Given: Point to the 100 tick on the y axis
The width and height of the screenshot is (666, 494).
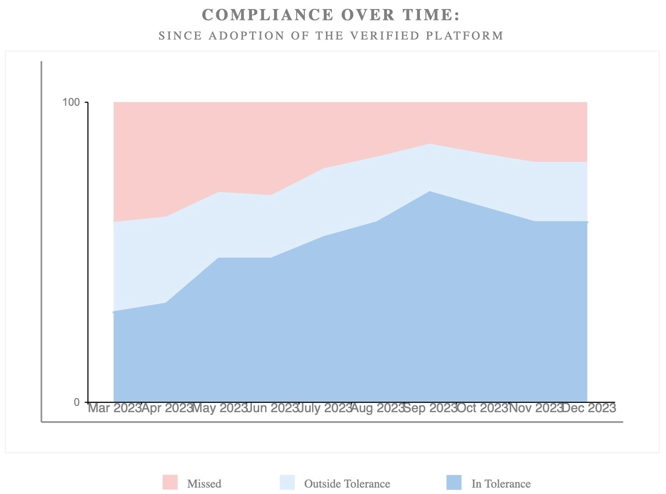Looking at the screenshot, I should tap(71, 103).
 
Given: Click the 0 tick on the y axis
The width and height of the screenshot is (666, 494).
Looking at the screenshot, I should tap(76, 402).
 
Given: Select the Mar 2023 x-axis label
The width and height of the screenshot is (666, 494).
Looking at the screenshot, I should tap(115, 408).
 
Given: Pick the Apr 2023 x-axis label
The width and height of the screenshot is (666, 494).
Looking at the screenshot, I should tap(167, 408).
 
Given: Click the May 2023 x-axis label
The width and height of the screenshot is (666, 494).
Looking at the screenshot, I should tap(219, 408).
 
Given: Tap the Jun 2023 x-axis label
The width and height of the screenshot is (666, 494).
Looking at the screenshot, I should tap(272, 408).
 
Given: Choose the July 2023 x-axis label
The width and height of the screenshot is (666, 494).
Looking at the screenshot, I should tap(325, 408).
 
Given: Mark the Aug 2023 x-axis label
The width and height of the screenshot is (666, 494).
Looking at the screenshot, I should tap(377, 408).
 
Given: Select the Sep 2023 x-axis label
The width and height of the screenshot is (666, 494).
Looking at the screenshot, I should tap(430, 408).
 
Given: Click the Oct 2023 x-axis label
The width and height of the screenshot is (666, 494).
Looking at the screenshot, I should tap(483, 408).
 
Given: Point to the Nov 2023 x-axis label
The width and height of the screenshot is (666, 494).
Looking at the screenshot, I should tap(536, 408).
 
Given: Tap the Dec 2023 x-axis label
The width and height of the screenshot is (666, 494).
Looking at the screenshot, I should tap(589, 408).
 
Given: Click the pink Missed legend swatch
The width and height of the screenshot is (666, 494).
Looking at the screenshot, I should tap(170, 482).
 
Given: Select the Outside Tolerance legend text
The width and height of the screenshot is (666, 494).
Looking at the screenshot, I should tap(347, 484).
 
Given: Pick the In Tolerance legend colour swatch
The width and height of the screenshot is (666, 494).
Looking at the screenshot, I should tap(454, 482).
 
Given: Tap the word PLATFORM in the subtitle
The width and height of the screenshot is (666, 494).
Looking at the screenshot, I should tap(465, 36).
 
